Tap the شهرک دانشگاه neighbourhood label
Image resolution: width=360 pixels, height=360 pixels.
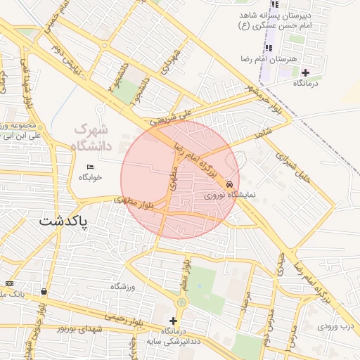point(91,137)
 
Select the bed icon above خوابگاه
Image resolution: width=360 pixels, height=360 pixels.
point(89,167)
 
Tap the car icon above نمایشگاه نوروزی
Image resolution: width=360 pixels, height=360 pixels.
point(230,184)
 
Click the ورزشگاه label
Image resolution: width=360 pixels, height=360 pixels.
point(122,287)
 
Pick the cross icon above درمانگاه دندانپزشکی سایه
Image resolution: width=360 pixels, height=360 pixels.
point(174,321)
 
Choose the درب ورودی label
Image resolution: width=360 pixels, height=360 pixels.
point(337,326)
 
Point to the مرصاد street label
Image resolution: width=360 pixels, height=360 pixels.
point(245,302)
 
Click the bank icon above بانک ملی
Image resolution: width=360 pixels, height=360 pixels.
point(10,283)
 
